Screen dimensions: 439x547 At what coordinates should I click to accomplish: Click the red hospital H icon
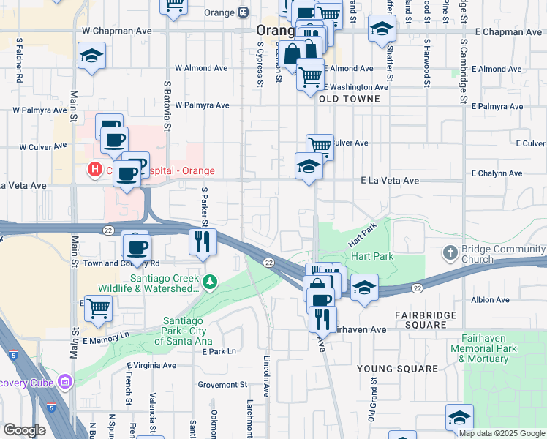[94, 170]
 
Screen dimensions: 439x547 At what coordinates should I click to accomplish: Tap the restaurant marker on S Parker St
[203, 241]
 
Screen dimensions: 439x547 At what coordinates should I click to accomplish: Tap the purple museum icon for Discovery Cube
[65, 381]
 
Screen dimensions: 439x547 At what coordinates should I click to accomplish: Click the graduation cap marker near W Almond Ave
[91, 56]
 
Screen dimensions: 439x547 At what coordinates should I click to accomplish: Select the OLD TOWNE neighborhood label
[349, 99]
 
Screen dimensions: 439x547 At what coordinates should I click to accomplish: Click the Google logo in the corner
[25, 430]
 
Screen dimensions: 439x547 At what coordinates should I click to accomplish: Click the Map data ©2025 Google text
[502, 433]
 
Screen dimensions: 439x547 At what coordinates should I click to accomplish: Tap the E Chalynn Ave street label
[497, 173]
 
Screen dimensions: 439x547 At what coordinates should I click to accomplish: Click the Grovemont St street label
[222, 384]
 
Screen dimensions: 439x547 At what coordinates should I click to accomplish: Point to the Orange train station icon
[244, 12]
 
